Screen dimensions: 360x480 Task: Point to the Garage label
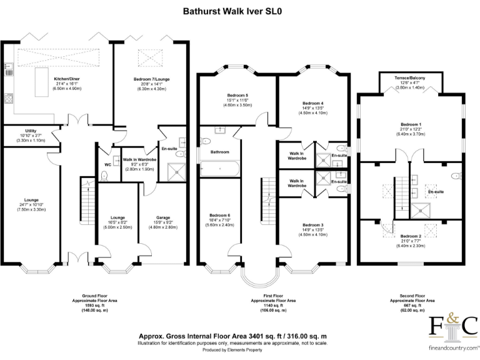coord(164,217)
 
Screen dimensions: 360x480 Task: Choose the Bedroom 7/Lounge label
coord(151,79)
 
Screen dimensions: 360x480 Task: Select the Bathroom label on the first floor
coord(219,152)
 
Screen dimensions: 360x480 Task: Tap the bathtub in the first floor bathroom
coord(219,168)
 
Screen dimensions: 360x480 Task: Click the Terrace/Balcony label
coord(409,77)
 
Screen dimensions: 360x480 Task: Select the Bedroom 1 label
coord(409,125)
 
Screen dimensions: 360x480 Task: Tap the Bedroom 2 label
coord(409,236)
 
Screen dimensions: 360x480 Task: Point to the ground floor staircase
coord(88,194)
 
